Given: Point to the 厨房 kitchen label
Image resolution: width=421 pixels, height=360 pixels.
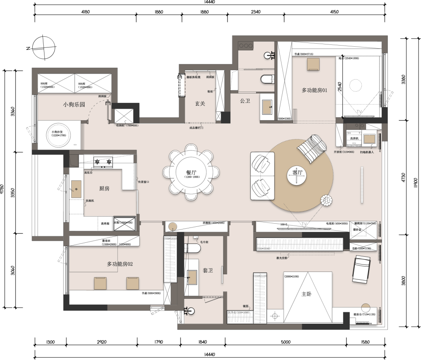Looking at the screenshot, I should click(104, 189).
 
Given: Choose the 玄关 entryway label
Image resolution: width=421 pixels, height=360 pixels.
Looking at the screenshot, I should click(200, 104).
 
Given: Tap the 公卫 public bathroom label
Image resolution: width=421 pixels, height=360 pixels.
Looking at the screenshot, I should click(245, 101).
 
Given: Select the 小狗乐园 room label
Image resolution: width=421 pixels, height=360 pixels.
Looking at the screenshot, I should click(74, 105).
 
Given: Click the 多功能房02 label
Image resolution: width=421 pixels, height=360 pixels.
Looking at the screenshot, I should click(120, 264).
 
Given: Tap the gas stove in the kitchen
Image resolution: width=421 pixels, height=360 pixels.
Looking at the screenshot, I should click(103, 161).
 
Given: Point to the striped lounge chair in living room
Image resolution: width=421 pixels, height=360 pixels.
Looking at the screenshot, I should click(313, 148).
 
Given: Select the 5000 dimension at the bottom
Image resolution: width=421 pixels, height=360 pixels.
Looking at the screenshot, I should click(286, 342).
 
